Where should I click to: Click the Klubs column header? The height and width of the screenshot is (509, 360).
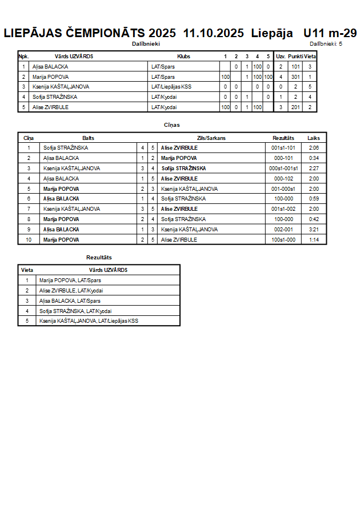[184, 57]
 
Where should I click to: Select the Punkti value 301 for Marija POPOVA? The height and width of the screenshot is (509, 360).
[295, 77]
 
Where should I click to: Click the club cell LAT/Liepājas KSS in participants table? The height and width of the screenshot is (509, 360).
[171, 87]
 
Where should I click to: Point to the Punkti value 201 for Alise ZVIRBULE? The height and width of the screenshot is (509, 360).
[295, 107]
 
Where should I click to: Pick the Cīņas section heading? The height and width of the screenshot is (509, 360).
[172, 125]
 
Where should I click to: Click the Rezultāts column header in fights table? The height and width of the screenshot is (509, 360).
[283, 138]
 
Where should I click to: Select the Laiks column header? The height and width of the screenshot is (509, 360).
[314, 138]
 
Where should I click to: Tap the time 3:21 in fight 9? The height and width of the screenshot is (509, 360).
[314, 230]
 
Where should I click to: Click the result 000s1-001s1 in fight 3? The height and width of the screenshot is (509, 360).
[283, 169]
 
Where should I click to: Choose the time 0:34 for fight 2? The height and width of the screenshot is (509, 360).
[314, 158]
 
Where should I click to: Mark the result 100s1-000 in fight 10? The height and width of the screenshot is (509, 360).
[283, 240]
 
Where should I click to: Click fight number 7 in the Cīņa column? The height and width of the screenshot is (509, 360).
[29, 209]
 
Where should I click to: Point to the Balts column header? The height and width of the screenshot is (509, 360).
[89, 138]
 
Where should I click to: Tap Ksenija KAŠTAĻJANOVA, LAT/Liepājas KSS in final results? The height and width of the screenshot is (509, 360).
[89, 321]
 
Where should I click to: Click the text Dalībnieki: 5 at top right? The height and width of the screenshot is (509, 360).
[326, 43]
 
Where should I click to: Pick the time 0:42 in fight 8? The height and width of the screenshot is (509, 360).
[314, 219]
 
